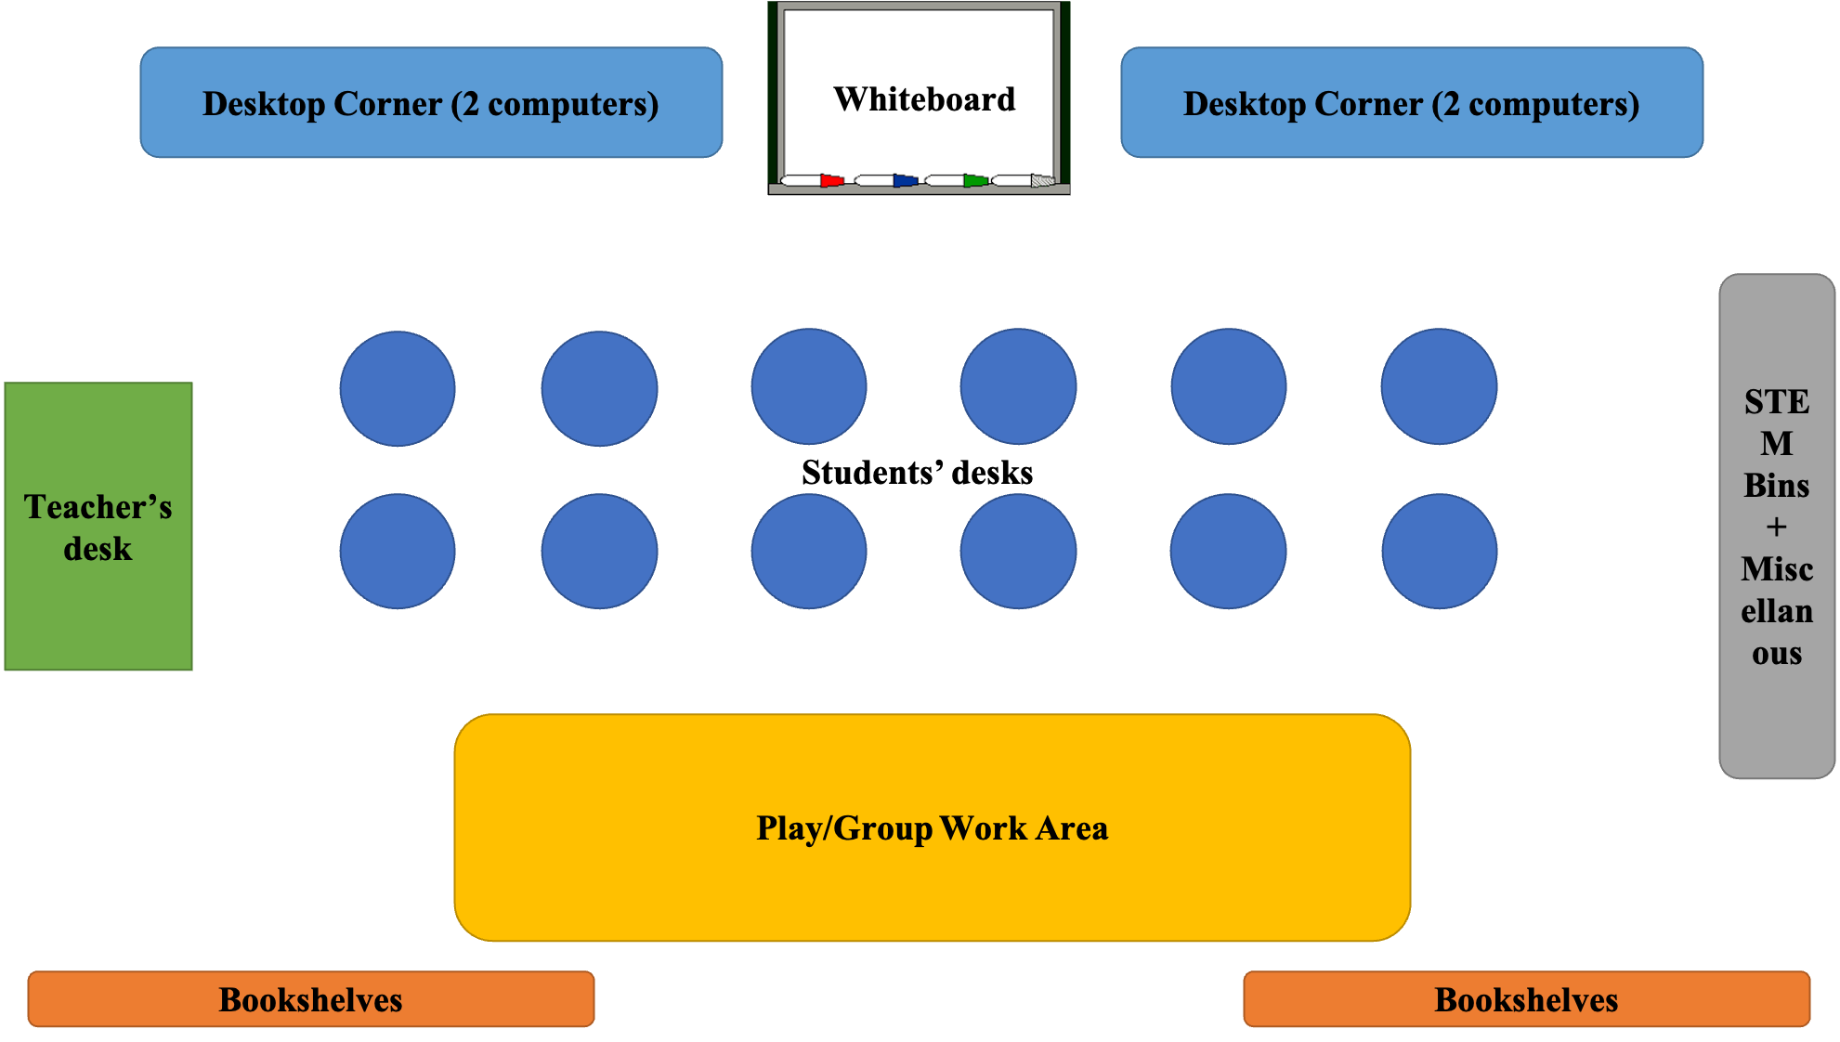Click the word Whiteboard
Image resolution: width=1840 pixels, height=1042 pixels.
[924, 99]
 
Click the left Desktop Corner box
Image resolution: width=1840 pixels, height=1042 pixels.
[431, 103]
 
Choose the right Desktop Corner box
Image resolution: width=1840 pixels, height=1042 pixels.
[1412, 103]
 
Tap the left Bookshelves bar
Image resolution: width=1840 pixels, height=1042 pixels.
[311, 999]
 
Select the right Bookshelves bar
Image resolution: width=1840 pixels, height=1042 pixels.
[1526, 999]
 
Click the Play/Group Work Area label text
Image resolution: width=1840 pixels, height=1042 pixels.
[932, 827]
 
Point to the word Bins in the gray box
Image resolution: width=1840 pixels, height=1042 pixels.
[1776, 486]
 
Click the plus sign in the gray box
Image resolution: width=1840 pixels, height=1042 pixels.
[1776, 528]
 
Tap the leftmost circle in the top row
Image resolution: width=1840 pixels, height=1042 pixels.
[398, 388]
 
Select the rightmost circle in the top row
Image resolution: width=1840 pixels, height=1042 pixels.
[1439, 386]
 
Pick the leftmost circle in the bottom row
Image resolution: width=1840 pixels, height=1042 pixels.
[398, 551]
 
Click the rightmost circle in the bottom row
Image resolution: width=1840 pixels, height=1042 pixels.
[1439, 551]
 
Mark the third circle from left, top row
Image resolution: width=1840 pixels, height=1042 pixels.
[809, 386]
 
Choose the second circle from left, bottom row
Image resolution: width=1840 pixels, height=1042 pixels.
[599, 551]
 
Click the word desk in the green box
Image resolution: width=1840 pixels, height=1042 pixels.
[98, 549]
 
